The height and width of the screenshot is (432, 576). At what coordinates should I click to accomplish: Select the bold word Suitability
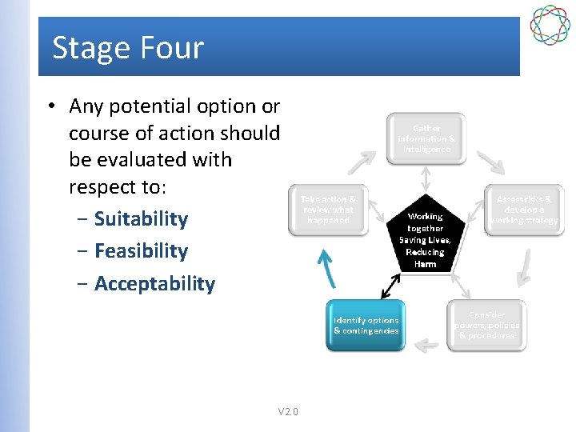[141, 219]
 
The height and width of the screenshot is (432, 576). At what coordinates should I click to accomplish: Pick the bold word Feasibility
[141, 251]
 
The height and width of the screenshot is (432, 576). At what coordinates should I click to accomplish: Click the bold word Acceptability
[154, 284]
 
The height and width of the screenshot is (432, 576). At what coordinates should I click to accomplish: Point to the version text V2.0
[288, 412]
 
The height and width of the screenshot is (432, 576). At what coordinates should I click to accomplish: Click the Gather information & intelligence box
[426, 138]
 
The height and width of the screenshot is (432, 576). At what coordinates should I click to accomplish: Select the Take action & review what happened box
[327, 210]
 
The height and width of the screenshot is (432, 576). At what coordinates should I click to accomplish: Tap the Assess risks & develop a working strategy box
[524, 210]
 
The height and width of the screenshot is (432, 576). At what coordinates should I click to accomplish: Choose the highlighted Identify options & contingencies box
[366, 325]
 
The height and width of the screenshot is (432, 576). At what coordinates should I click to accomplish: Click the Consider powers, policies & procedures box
[486, 325]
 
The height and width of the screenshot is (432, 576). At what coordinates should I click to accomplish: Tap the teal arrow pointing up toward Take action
[326, 267]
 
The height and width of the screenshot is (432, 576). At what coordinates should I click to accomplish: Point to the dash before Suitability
[83, 219]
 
